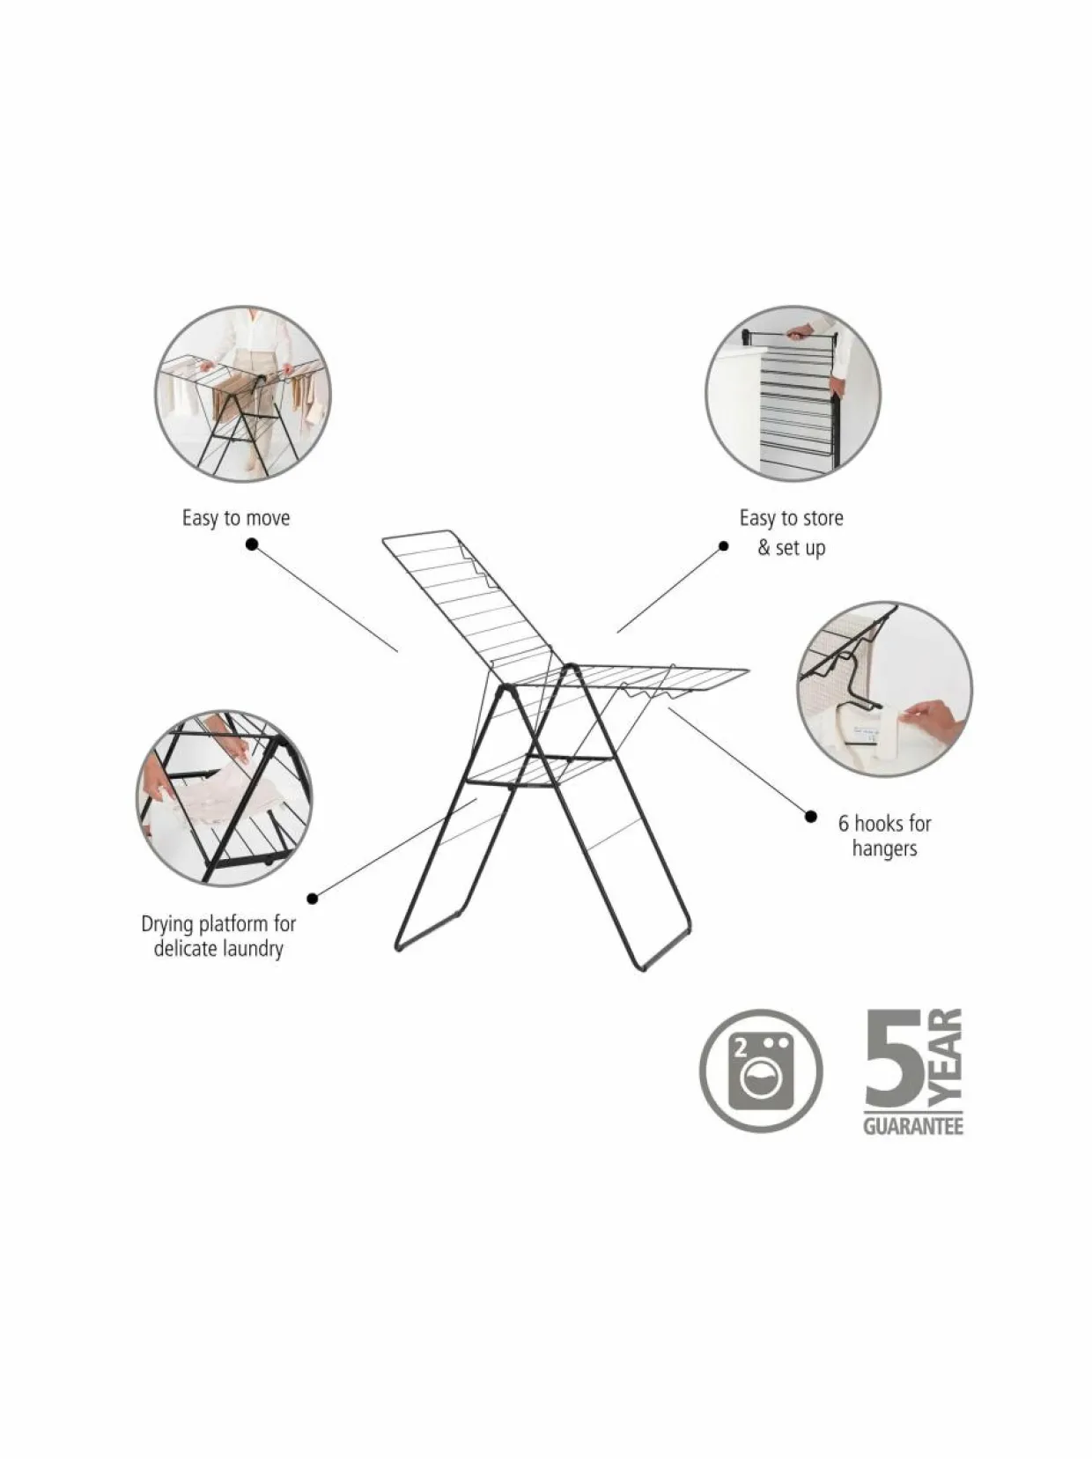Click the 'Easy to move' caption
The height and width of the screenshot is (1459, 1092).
236,518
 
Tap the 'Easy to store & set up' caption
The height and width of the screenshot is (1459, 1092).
791,532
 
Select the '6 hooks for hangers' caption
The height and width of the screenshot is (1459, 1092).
885,835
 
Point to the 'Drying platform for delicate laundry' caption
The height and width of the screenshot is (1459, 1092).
218,936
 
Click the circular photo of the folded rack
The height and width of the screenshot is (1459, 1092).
793,394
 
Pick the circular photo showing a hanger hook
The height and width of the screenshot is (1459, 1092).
885,689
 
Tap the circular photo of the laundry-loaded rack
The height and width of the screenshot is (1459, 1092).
242,394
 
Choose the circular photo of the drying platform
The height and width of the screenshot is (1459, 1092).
225,797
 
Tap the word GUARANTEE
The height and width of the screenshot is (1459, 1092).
913,1127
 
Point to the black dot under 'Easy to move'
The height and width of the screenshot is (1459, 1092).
252,544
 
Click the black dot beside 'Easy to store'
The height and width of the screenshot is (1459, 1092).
723,546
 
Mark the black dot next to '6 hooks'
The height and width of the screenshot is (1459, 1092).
811,816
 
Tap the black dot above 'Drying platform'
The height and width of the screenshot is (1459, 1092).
313,899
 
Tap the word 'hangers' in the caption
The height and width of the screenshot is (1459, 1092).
885,848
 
